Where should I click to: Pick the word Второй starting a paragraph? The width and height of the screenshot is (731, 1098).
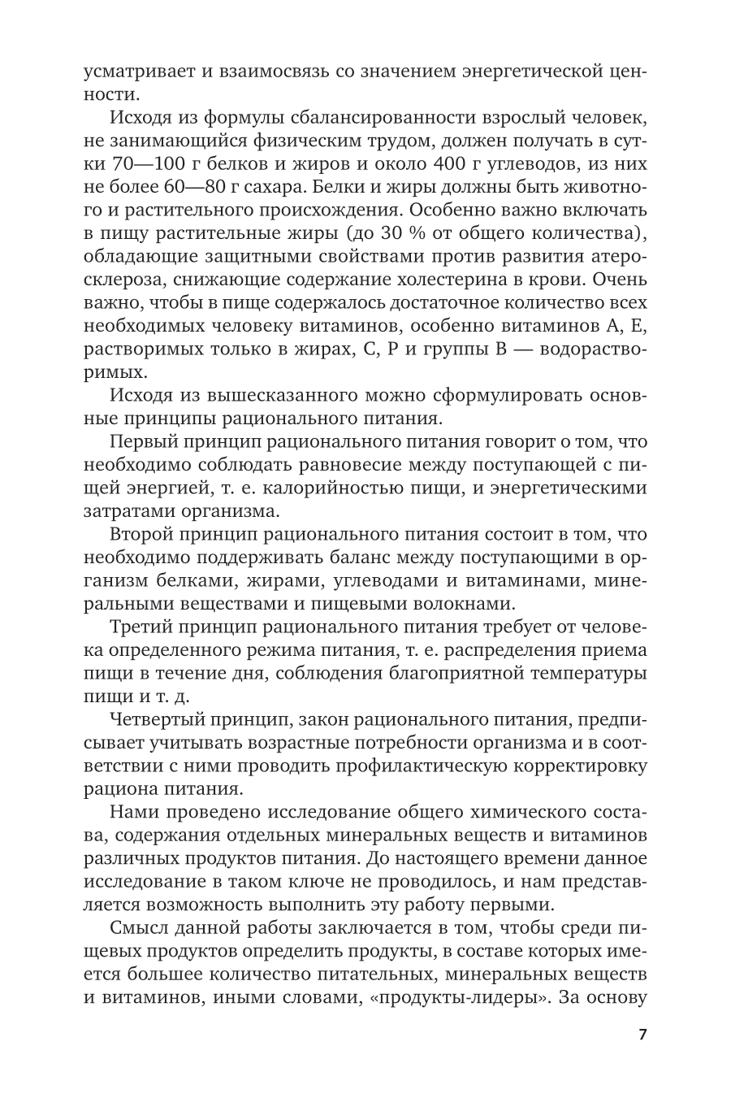(x=149, y=534)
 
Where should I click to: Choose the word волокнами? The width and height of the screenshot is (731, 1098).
(x=466, y=603)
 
